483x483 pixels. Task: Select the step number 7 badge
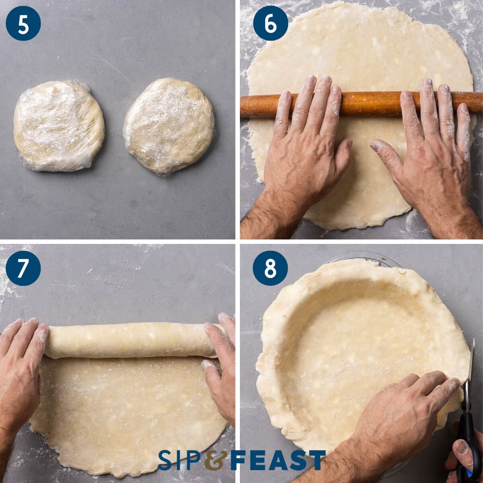[x=23, y=268]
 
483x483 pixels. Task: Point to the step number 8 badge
[x=270, y=268]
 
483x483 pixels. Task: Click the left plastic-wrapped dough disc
[x=59, y=126]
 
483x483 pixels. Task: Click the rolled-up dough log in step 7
[x=129, y=340]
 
